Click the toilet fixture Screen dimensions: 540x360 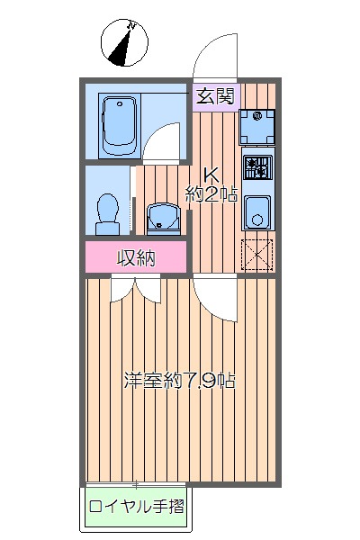108,211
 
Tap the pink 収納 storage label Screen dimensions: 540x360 137,257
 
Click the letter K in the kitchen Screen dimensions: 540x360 209,175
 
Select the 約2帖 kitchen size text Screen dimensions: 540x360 211,193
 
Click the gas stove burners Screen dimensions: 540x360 257,166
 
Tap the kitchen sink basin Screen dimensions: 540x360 257,212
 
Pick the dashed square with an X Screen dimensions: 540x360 257,254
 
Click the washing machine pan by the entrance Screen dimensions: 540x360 257,126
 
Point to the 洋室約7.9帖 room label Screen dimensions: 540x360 179,380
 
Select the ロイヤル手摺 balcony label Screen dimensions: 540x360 137,506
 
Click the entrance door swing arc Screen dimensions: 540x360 214,54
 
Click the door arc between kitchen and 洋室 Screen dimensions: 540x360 214,297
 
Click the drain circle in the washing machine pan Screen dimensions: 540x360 257,116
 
